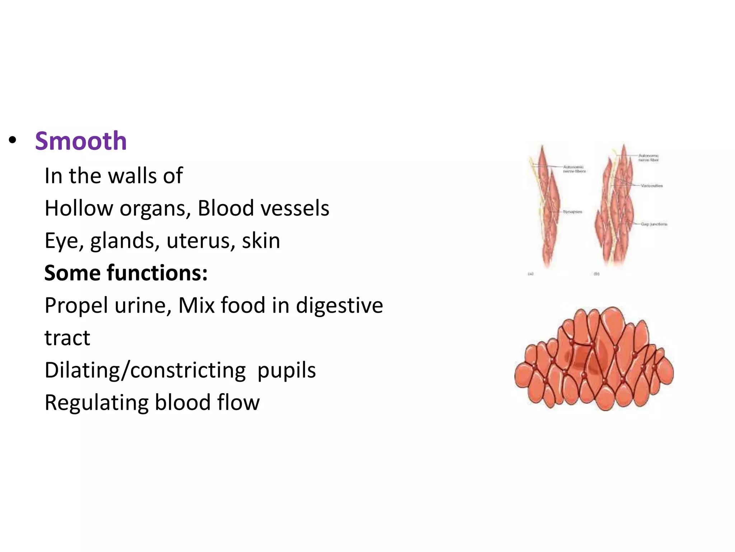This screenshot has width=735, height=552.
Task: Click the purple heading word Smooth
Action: click(81, 141)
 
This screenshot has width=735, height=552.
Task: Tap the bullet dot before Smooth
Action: click(13, 140)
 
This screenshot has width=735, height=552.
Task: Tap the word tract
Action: click(67, 338)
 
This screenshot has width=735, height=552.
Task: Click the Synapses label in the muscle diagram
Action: click(572, 212)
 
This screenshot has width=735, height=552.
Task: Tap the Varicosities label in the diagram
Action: click(651, 186)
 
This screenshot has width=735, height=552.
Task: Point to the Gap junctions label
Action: click(654, 224)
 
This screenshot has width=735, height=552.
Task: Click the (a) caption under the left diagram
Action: click(531, 274)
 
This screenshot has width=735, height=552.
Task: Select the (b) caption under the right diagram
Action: click(596, 274)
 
